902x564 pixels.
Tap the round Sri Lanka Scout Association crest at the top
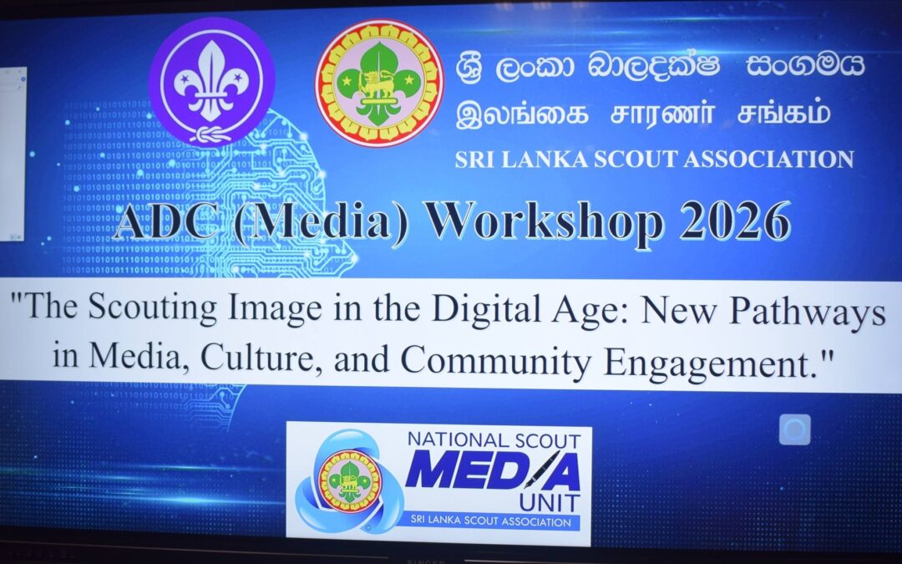pos(378,84)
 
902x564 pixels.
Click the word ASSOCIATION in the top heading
pos(768,159)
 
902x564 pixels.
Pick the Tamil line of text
pos(643,113)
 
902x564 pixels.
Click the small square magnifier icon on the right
pos(794,429)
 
